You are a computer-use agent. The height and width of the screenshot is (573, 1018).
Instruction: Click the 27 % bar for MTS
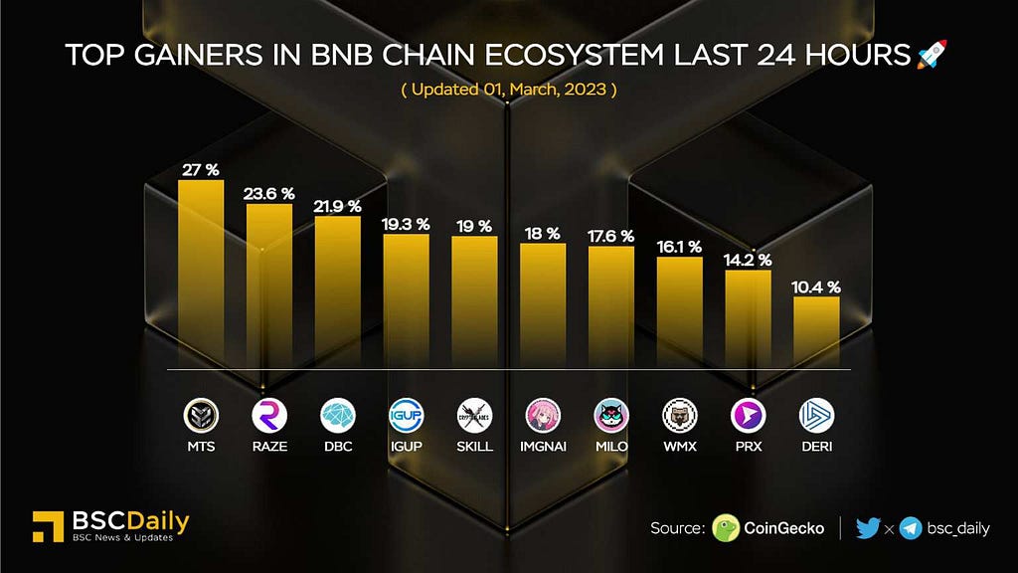[x=201, y=274]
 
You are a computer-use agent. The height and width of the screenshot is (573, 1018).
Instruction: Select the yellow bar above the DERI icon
[x=816, y=332]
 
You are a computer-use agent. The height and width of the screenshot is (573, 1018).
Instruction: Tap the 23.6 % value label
[x=269, y=193]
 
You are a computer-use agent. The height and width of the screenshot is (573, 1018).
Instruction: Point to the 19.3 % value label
[x=406, y=225]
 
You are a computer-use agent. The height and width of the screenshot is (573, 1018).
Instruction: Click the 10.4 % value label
[x=817, y=286]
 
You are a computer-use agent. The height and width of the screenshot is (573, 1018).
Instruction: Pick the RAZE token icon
[x=269, y=415]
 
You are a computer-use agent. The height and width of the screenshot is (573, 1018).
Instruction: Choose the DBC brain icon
[x=337, y=415]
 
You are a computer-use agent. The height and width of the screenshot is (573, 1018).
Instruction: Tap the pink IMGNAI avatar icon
[x=543, y=415]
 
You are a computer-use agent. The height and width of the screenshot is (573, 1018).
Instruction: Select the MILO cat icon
[x=611, y=415]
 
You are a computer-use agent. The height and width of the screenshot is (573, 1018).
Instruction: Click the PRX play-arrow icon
[x=748, y=415]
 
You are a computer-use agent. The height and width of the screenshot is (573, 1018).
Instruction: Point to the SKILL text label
[x=474, y=446]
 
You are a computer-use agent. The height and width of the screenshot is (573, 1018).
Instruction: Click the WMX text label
[x=680, y=446]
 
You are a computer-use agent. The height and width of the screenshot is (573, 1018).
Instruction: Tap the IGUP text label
[x=406, y=446]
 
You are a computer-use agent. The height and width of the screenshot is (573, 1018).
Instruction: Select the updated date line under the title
[x=509, y=90]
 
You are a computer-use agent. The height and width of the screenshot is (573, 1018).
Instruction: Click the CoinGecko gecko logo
[x=727, y=528]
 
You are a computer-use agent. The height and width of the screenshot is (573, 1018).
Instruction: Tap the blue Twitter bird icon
[x=867, y=528]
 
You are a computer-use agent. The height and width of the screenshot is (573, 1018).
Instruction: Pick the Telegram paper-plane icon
[x=910, y=528]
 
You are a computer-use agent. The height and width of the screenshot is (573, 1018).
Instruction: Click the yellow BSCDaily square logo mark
[x=48, y=527]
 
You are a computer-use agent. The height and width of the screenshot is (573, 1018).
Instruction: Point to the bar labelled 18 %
[x=543, y=304]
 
